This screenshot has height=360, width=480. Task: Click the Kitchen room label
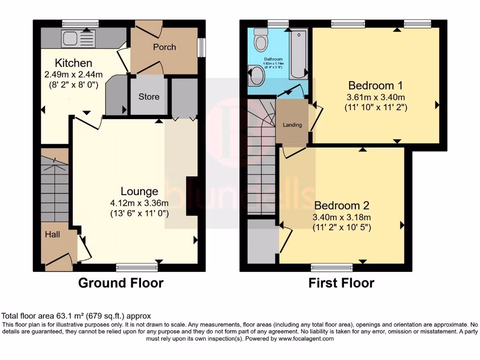[74, 63]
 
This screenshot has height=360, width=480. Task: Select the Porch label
[165, 47]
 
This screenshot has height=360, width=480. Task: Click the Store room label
[149, 97]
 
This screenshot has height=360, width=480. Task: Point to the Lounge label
[139, 191]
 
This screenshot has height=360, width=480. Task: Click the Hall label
[52, 234]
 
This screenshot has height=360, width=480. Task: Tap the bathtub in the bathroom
[298, 55]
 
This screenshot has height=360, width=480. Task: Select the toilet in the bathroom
[260, 41]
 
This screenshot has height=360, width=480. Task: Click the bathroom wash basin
[255, 76]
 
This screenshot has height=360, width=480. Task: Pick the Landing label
[292, 125]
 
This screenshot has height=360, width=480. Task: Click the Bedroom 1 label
[375, 85]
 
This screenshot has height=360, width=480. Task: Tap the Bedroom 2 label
[342, 205]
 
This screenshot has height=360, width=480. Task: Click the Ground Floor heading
[120, 283]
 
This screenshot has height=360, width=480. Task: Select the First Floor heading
[341, 283]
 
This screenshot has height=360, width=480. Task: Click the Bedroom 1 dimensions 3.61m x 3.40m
[375, 97]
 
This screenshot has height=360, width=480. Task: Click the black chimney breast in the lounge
[192, 196]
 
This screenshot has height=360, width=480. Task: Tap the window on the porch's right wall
[202, 47]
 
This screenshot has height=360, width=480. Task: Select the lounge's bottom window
[137, 267]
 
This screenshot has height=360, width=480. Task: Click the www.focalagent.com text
[306, 338]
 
